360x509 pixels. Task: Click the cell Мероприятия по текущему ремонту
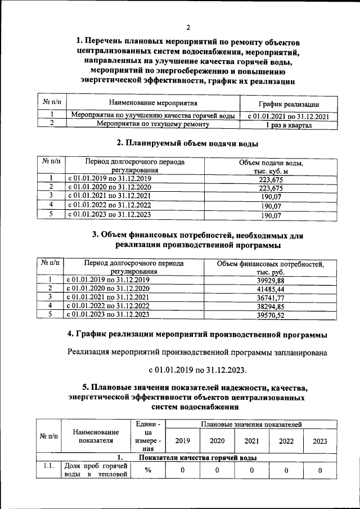point(153,124)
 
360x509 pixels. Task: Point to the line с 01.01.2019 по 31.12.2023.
point(197,370)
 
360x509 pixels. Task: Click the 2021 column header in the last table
point(252,441)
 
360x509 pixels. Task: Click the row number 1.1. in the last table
point(47,466)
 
